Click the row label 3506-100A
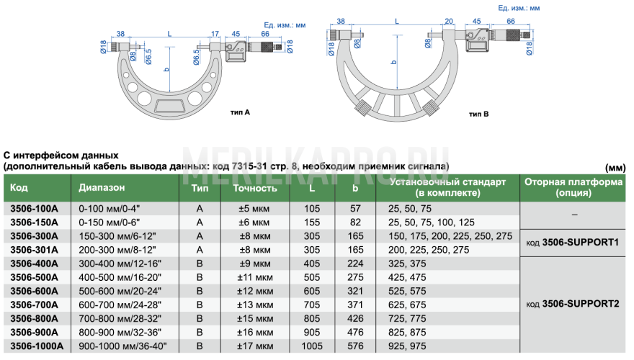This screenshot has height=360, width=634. tap(35, 209)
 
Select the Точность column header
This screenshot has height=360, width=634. tap(255, 188)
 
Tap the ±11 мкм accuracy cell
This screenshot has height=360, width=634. tap(255, 278)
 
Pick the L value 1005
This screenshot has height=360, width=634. tap(312, 346)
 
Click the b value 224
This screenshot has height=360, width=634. tap(355, 264)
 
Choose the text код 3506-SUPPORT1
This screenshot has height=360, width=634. tap(573, 243)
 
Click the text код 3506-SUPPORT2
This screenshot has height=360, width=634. tap(573, 304)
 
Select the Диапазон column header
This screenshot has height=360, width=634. tap(102, 187)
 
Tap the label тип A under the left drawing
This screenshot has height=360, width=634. tap(240, 112)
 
